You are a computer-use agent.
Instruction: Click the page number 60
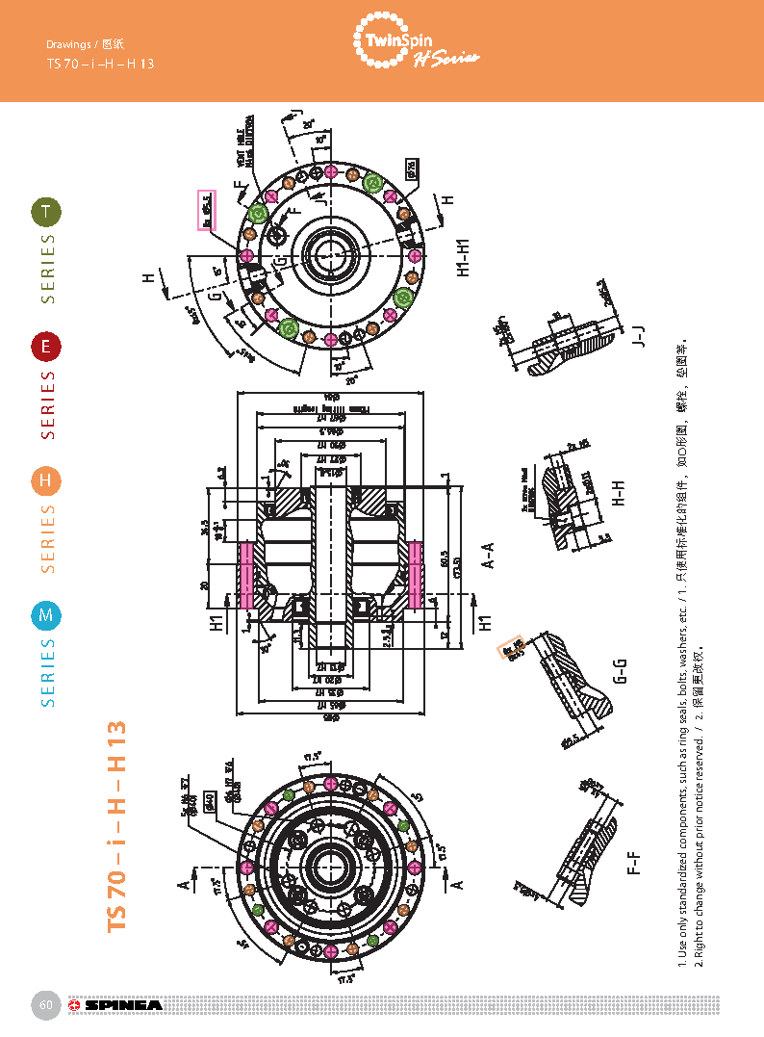[x=45, y=1005]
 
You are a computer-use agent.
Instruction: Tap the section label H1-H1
[x=464, y=255]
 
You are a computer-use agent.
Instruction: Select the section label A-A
[x=488, y=557]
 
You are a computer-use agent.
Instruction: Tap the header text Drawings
[x=68, y=44]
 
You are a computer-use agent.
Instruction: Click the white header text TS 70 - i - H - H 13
[x=100, y=64]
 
